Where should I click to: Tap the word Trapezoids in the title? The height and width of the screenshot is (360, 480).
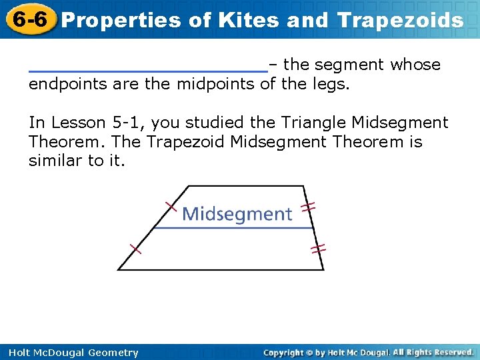[400, 20]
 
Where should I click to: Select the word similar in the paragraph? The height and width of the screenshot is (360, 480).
[55, 161]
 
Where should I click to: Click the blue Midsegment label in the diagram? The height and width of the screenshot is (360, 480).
[237, 214]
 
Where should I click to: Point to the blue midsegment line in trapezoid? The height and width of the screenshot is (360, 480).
[233, 229]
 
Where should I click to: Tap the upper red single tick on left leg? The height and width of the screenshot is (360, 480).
[171, 206]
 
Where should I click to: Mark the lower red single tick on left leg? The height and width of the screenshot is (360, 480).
[136, 249]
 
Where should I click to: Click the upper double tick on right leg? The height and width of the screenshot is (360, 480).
[307, 207]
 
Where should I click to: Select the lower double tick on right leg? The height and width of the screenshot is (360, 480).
[318, 249]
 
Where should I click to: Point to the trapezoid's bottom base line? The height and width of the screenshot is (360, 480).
[220, 269]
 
